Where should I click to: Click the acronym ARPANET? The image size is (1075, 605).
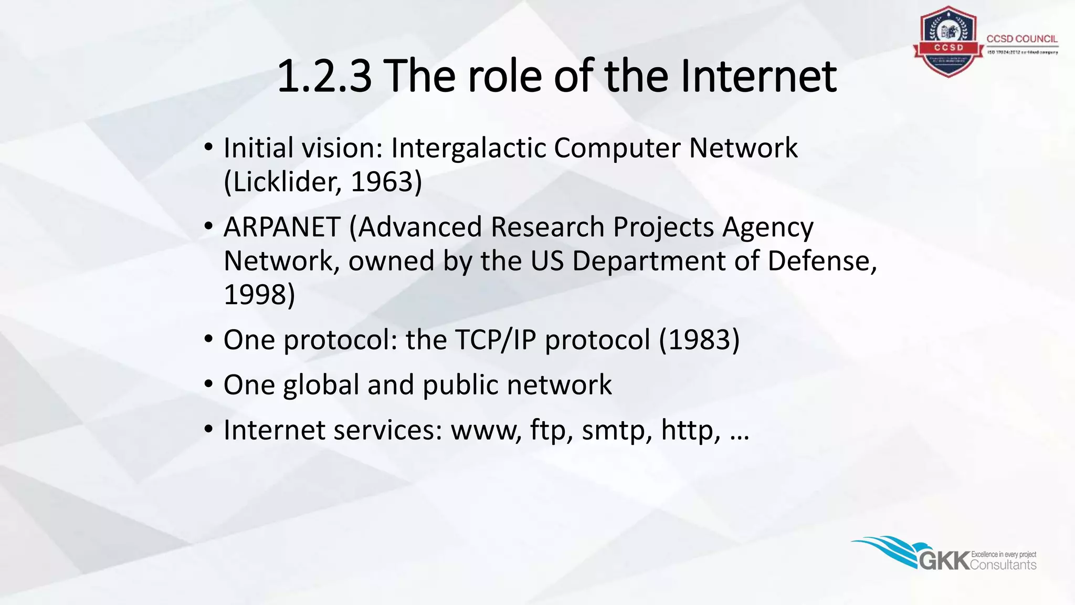point(282,227)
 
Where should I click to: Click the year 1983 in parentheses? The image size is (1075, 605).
point(699,340)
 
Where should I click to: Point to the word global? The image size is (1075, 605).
point(321,385)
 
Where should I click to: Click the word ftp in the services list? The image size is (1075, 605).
point(547,430)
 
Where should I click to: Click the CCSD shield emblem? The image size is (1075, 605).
point(948,42)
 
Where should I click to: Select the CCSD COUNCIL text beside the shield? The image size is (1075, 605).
point(1021,39)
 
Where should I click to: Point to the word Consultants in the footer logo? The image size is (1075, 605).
point(1003,565)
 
